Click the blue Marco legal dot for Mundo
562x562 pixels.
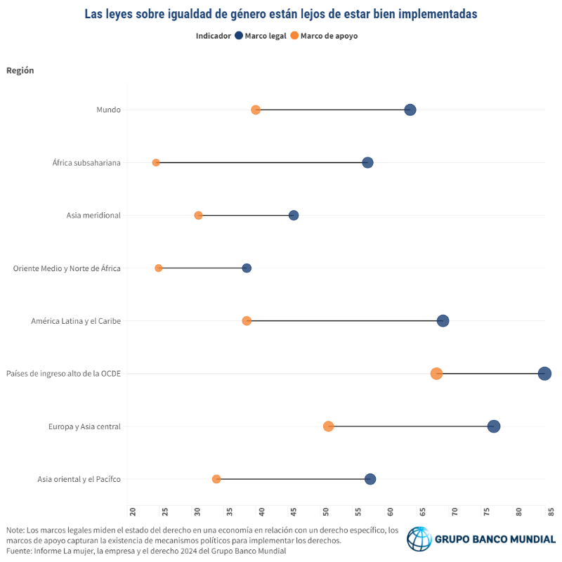point(410,110)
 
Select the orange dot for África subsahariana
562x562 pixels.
point(156,163)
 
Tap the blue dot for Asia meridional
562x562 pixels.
point(294,216)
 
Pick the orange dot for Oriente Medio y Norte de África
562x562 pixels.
point(159,268)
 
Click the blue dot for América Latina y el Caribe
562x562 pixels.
point(443,321)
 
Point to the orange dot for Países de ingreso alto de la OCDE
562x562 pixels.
point(436,374)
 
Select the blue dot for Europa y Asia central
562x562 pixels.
point(494,426)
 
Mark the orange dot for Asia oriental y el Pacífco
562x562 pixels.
point(216,479)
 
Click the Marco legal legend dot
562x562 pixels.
point(239,36)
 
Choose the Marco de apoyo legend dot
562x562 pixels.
point(294,36)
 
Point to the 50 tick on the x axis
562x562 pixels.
point(326,512)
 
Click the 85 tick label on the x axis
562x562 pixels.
point(551,512)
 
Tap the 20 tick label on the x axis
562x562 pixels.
point(133,512)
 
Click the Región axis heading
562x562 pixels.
point(20,70)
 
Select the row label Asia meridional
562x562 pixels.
point(93,216)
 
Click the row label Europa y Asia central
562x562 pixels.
point(84,426)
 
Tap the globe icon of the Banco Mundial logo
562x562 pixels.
point(419,539)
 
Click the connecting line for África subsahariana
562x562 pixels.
point(261,163)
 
